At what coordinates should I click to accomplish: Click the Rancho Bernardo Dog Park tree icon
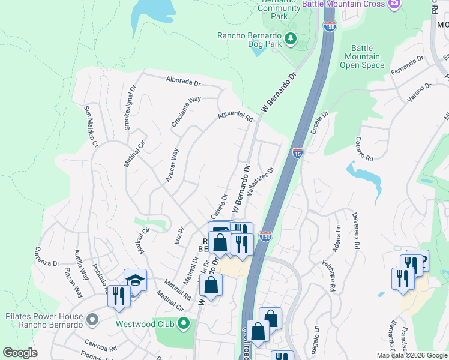(x=291, y=39)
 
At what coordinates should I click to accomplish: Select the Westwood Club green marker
(x=184, y=325)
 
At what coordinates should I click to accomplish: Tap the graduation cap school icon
(x=135, y=280)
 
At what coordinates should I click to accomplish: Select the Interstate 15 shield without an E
(x=298, y=153)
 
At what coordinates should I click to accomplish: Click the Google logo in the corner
(x=20, y=353)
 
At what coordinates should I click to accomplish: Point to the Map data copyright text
(x=412, y=355)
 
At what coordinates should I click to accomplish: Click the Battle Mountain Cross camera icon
(x=394, y=4)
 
